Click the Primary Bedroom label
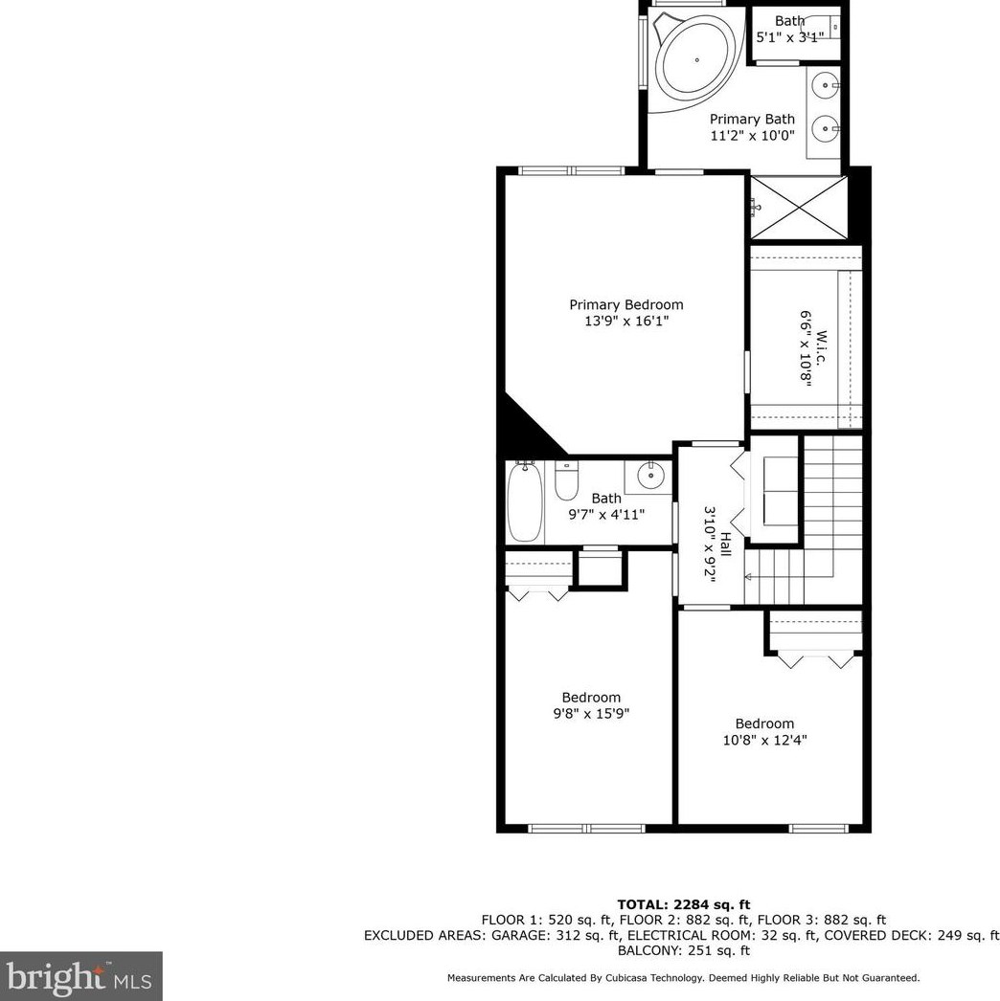point(626,305)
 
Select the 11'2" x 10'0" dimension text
point(752,136)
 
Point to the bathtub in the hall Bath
point(525,501)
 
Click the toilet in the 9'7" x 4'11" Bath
point(566,480)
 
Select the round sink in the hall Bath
point(651,473)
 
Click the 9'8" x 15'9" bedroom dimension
point(591,714)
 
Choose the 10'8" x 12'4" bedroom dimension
point(764,740)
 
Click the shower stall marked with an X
point(796,208)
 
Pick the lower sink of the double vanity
point(825,125)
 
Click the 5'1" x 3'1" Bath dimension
point(790,37)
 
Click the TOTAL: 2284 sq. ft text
point(683,904)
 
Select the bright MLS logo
point(80,976)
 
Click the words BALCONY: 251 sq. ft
point(683,950)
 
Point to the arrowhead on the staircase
point(749,577)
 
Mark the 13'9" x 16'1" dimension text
point(626,322)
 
